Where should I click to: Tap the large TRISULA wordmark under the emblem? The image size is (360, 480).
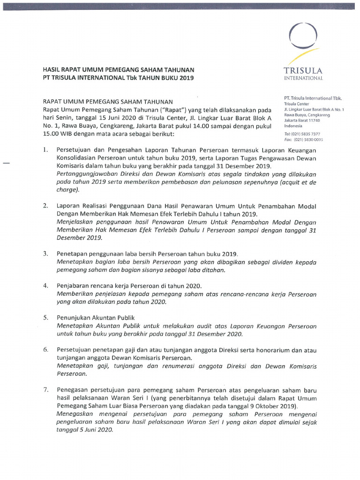(303, 71)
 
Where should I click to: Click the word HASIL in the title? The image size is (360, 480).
(52, 69)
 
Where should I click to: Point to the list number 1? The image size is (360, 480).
(46, 150)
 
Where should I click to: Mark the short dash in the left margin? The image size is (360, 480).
(7, 162)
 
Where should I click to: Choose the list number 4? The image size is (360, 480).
(46, 285)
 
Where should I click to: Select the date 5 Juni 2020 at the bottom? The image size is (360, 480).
(97, 431)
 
